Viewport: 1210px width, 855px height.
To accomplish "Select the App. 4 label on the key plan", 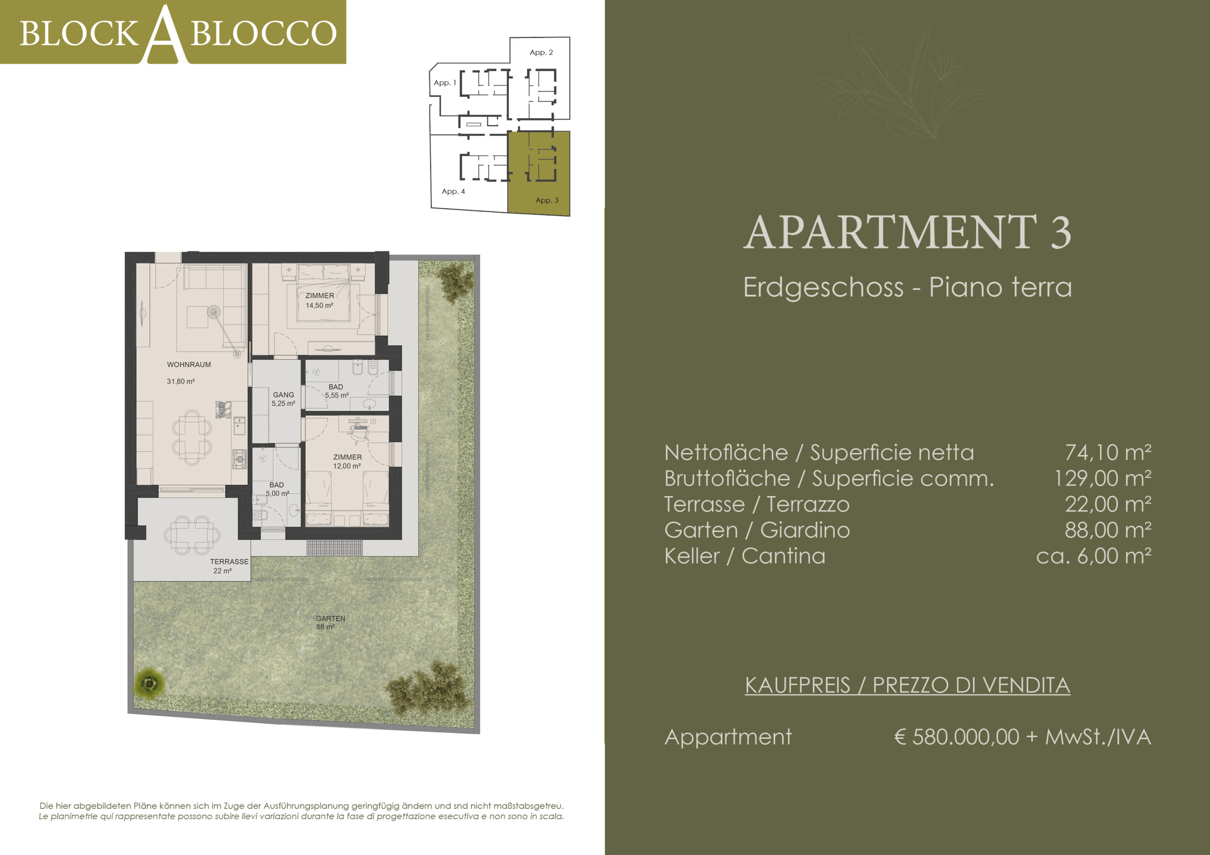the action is click(453, 192).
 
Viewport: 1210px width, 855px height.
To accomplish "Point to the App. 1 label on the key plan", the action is click(445, 83).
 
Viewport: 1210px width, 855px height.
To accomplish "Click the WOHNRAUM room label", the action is click(189, 365).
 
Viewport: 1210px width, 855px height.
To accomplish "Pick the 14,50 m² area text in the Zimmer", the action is click(320, 306).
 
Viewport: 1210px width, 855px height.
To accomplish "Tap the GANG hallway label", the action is click(284, 394).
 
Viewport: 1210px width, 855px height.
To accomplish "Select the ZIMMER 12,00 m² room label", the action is click(347, 462).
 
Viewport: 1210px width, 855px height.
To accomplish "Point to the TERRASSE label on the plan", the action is click(229, 562).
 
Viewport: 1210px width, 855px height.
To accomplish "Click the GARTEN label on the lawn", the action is click(330, 618).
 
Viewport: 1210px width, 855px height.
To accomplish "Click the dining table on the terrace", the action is click(192, 535).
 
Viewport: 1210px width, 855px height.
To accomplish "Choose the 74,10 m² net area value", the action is click(1108, 453).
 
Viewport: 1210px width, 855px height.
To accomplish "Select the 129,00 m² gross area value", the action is click(1103, 479).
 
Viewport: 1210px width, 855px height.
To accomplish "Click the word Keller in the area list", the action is click(692, 556).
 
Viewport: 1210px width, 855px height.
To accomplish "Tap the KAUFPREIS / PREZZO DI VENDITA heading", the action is click(907, 685).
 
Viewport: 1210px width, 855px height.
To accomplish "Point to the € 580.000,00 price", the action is click(957, 737).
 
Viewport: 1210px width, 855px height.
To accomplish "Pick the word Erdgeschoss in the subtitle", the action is click(823, 287).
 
